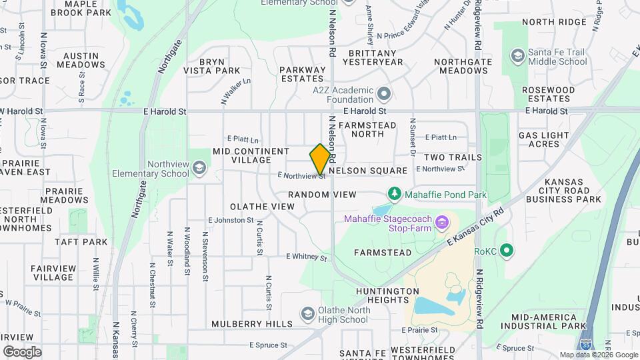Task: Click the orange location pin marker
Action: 321,159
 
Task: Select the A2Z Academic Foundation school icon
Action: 383,93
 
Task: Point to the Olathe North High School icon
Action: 307,313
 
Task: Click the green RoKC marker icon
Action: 507,251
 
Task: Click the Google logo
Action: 22,351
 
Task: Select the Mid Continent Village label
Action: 251,155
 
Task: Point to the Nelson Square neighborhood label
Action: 368,171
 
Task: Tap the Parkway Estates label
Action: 302,73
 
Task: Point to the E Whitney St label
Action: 307,257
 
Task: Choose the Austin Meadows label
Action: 81,60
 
